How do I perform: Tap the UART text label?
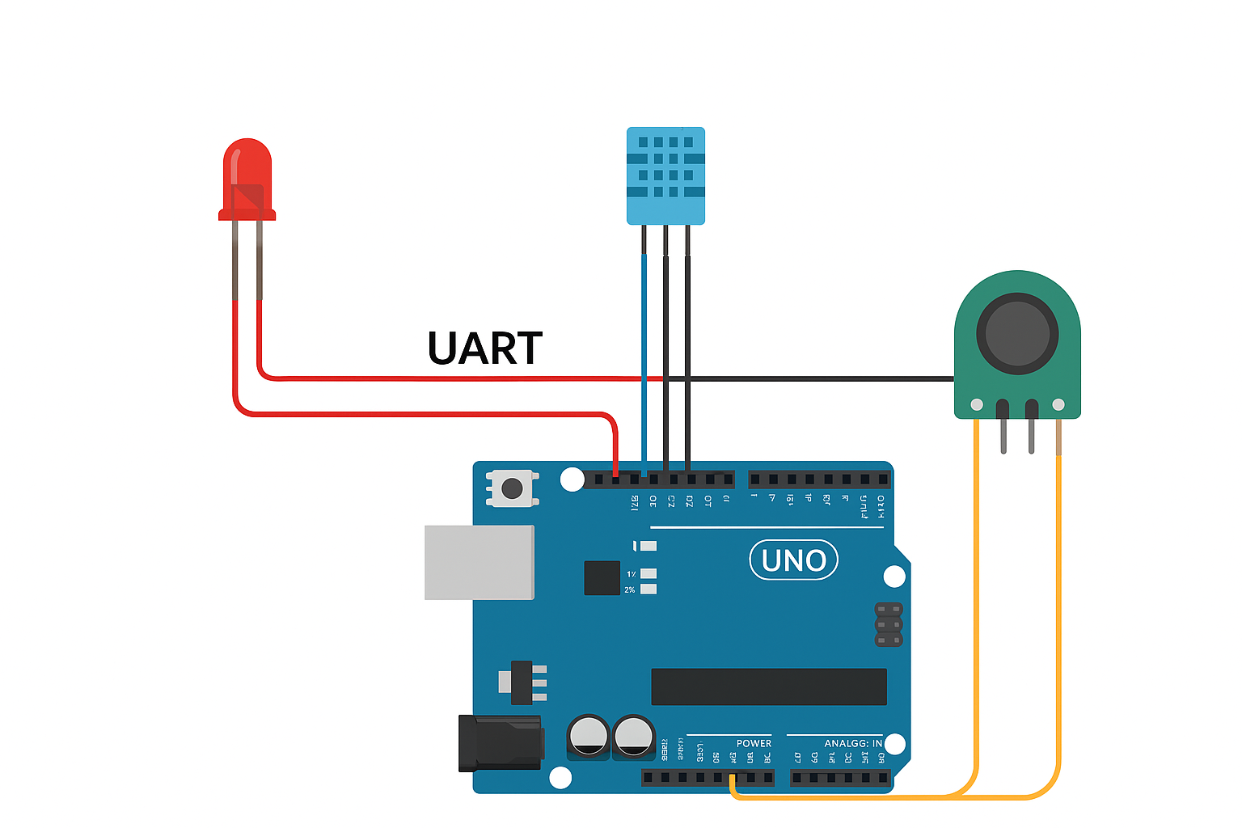484,349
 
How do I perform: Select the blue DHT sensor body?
665,175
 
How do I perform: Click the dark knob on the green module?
1017,333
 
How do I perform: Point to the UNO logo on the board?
794,560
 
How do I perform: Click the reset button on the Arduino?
512,488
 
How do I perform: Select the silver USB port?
479,562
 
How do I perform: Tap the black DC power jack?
499,743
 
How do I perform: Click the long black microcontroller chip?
769,686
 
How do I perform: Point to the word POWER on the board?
754,743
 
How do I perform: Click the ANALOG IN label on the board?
853,743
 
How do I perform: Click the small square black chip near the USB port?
602,578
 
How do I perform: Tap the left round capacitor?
588,737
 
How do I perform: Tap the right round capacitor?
633,737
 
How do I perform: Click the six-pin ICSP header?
889,624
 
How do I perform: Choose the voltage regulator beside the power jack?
522,683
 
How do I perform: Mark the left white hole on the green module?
977,404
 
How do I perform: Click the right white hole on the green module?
1058,404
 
